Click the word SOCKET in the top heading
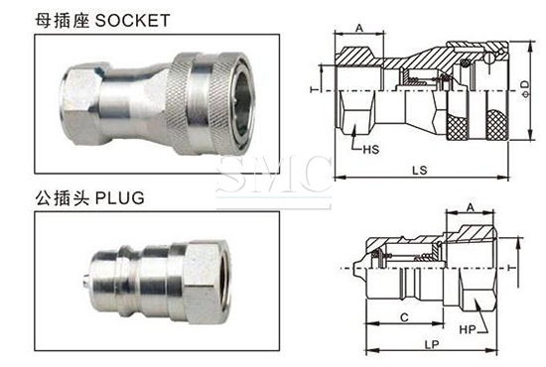(x=132, y=20)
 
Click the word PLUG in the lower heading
(x=120, y=198)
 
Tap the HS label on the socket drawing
(x=371, y=150)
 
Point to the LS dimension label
(x=420, y=171)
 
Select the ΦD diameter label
(x=525, y=89)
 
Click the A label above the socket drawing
(x=359, y=28)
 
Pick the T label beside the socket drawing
(x=315, y=89)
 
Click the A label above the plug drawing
(x=471, y=207)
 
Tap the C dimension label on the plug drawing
(x=404, y=317)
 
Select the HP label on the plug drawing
(x=468, y=329)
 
